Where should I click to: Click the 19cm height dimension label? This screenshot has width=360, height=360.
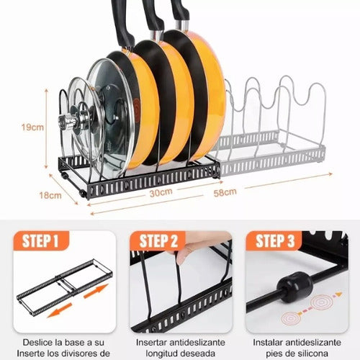[x=31, y=127]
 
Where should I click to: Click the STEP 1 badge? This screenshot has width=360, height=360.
[x=44, y=240]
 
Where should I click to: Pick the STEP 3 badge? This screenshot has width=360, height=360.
[x=274, y=240]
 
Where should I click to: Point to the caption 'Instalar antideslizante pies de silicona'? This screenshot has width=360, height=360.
[x=294, y=346]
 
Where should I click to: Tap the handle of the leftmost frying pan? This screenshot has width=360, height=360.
[x=122, y=18]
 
